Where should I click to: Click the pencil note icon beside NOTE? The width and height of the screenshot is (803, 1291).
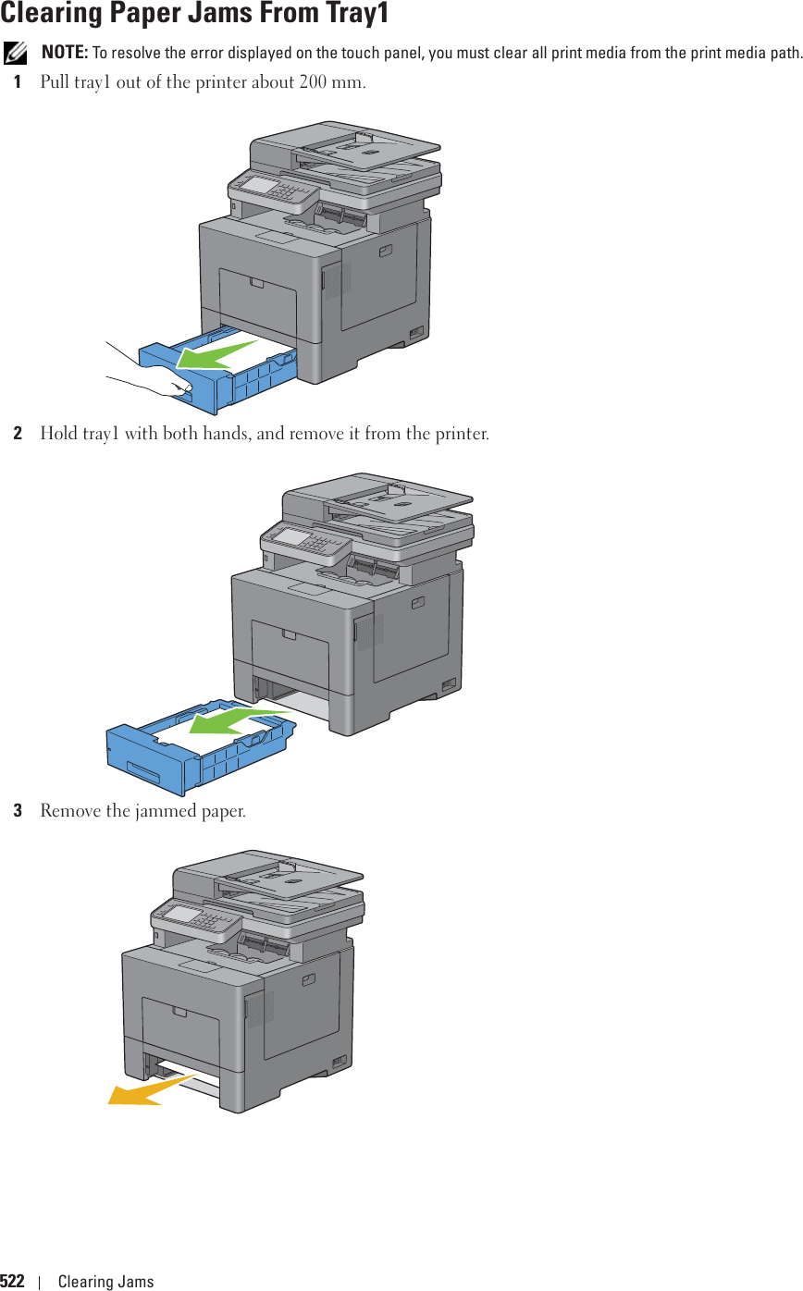pyautogui.click(x=16, y=51)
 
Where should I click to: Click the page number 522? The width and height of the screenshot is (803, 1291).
pyautogui.click(x=12, y=1281)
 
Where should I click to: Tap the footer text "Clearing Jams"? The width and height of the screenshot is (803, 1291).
pyautogui.click(x=105, y=1281)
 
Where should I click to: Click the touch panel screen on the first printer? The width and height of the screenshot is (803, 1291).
pyautogui.click(x=260, y=186)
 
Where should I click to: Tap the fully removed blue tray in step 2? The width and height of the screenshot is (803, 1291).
pyautogui.click(x=185, y=749)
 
